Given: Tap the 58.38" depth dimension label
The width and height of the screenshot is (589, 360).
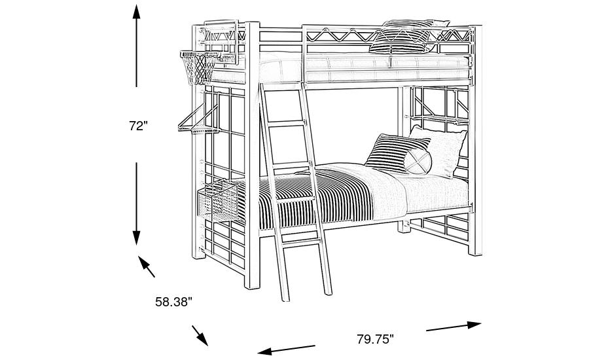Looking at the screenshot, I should pos(173,302).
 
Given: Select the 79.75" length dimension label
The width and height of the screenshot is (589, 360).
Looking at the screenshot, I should pos(375,339).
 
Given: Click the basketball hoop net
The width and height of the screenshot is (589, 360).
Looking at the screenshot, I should pos(198,69).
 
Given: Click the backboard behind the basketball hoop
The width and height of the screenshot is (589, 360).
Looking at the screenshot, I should pos(219,39).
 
